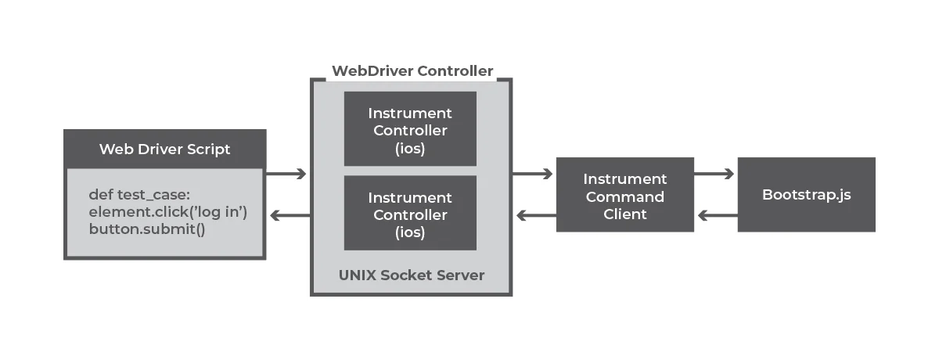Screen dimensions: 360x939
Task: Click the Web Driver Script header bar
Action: (x=164, y=149)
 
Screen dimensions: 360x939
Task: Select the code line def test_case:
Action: (x=139, y=195)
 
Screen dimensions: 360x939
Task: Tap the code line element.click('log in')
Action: (x=167, y=212)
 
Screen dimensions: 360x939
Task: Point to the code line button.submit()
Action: (x=146, y=230)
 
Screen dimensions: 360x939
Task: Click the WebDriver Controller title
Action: (x=412, y=71)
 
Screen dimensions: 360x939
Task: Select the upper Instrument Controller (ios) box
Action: (x=410, y=129)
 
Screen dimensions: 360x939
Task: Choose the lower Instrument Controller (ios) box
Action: (x=410, y=214)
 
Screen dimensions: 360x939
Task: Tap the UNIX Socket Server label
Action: (x=412, y=275)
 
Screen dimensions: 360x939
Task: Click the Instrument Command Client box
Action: (x=624, y=196)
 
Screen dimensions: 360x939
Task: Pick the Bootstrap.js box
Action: (x=806, y=194)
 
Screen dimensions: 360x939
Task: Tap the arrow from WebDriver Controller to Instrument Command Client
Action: (x=533, y=174)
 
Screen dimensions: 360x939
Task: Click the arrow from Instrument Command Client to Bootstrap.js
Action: (x=714, y=174)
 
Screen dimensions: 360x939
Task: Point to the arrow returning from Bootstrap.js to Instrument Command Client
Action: (x=716, y=215)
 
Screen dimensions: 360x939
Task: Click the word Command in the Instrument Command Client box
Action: (x=624, y=196)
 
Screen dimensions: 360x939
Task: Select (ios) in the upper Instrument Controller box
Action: (x=410, y=148)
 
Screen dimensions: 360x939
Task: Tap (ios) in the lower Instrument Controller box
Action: (x=410, y=232)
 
